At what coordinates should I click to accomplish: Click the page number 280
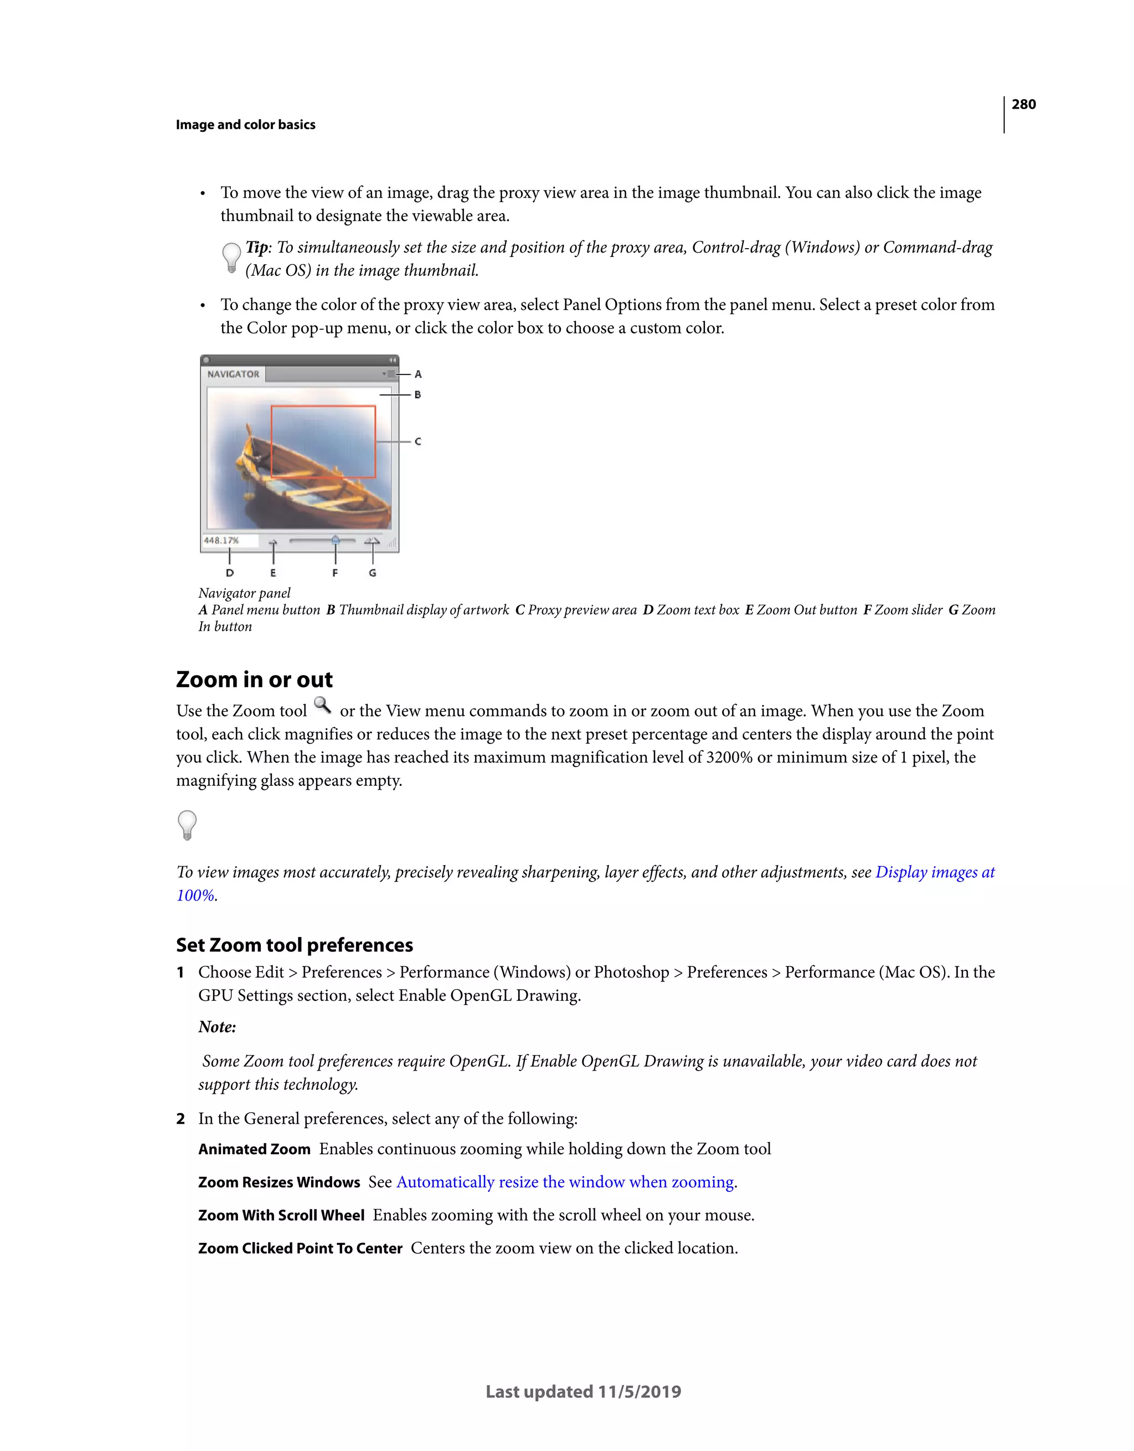point(1023,104)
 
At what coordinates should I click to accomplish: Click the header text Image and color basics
point(245,125)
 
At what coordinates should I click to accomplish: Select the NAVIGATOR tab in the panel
point(233,374)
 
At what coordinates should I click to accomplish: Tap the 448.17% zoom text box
point(221,540)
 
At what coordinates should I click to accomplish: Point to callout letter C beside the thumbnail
point(418,441)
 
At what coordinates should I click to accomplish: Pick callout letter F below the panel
point(335,573)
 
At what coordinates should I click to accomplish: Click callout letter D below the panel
point(230,573)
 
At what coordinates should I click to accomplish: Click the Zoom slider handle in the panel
point(336,540)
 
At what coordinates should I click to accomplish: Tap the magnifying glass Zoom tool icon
point(322,706)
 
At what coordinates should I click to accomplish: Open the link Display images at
point(934,872)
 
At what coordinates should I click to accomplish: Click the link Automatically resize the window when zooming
point(565,1182)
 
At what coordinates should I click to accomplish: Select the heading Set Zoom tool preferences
point(294,945)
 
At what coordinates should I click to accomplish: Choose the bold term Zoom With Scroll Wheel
point(281,1215)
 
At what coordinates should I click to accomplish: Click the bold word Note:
point(217,1027)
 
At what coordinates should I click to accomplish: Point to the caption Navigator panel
point(245,593)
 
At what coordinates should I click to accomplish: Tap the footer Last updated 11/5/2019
point(583,1392)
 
